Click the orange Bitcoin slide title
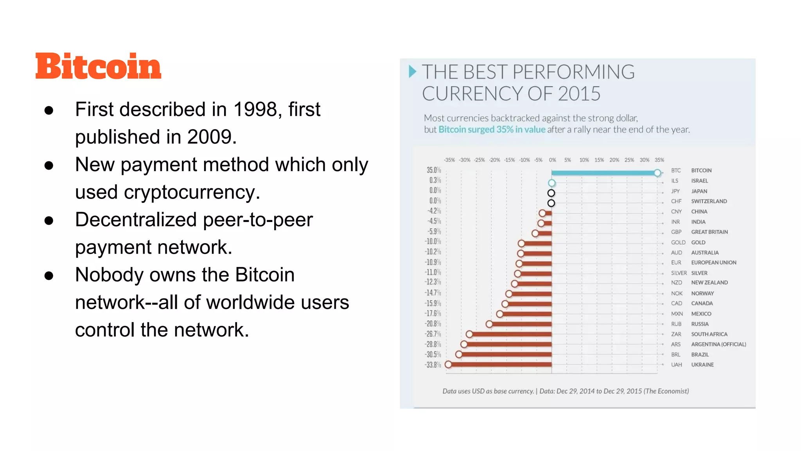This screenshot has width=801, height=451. (98, 66)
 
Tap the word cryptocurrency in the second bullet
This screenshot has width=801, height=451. (190, 192)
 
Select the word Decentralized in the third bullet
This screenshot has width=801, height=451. (136, 220)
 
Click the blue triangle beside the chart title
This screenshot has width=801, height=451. (412, 72)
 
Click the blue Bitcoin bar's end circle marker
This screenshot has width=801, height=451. (657, 173)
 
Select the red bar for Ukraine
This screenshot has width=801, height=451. (501, 364)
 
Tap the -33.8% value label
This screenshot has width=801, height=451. (433, 365)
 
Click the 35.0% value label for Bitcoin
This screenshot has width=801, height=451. (433, 170)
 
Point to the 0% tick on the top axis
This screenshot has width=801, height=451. (552, 160)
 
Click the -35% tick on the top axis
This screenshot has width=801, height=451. (449, 160)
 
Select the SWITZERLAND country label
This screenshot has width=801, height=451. (709, 201)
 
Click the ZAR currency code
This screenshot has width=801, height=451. (676, 334)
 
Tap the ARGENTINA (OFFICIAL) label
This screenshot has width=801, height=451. (718, 345)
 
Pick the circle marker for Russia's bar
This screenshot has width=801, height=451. (489, 324)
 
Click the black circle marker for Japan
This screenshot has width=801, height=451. (551, 193)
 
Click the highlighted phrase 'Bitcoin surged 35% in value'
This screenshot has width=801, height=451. (492, 130)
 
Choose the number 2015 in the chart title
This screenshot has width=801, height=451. (579, 94)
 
